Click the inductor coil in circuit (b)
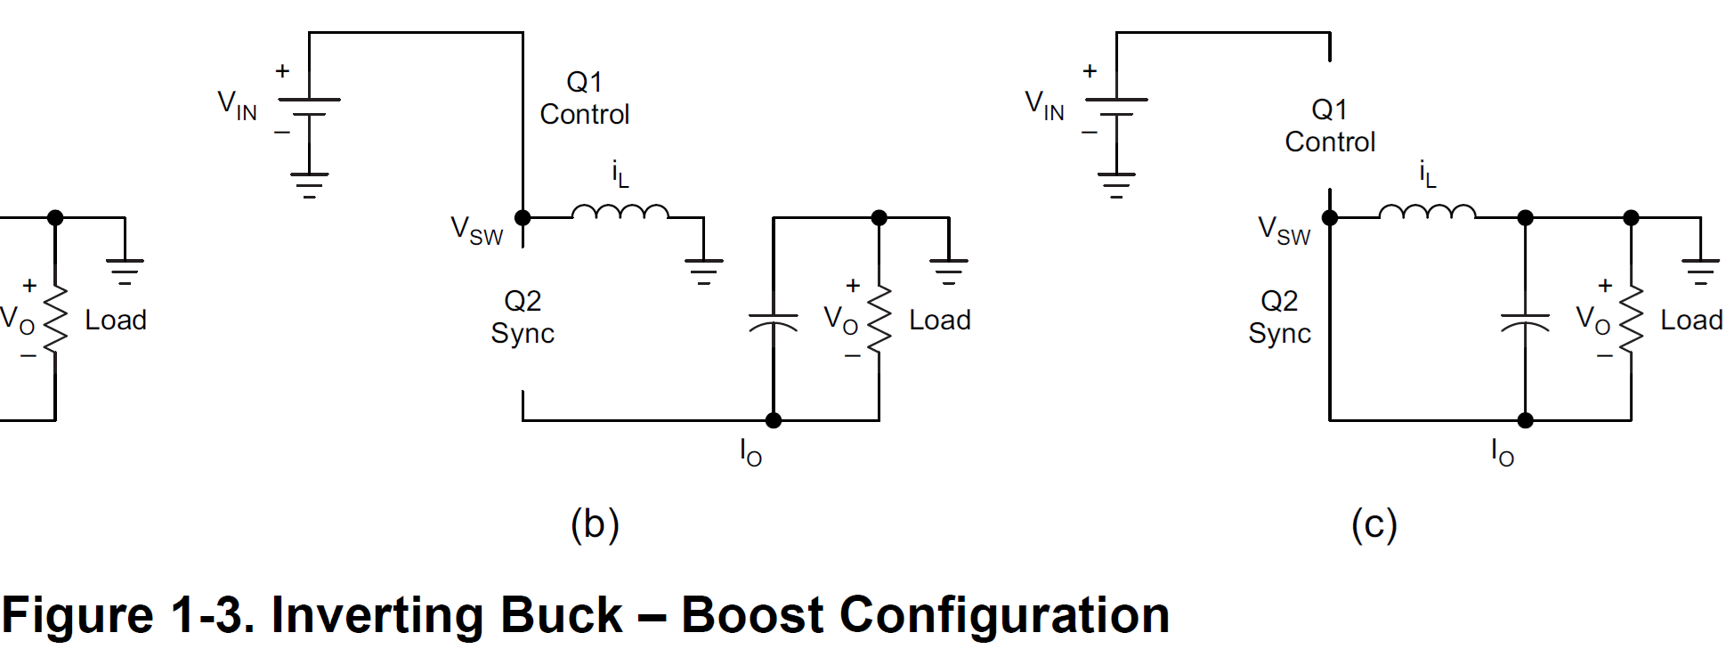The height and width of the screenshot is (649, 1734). (620, 212)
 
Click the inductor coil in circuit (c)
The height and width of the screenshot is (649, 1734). (1427, 212)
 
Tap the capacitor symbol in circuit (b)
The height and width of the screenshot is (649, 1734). (773, 321)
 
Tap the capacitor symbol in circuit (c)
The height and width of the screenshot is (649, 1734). (1525, 321)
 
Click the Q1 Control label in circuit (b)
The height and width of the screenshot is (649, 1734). (584, 98)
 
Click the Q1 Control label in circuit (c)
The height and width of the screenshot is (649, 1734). (1330, 126)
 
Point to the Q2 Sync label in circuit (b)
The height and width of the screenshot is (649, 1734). (523, 317)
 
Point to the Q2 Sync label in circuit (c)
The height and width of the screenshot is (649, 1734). (1279, 317)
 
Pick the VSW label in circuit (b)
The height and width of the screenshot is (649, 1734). (476, 231)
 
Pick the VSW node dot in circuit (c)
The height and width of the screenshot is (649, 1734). (1330, 217)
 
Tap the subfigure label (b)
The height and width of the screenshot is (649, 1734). (595, 524)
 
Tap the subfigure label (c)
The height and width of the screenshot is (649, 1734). (1373, 524)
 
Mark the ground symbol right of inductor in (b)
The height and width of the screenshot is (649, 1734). (703, 265)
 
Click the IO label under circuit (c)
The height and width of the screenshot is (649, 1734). (1502, 453)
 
